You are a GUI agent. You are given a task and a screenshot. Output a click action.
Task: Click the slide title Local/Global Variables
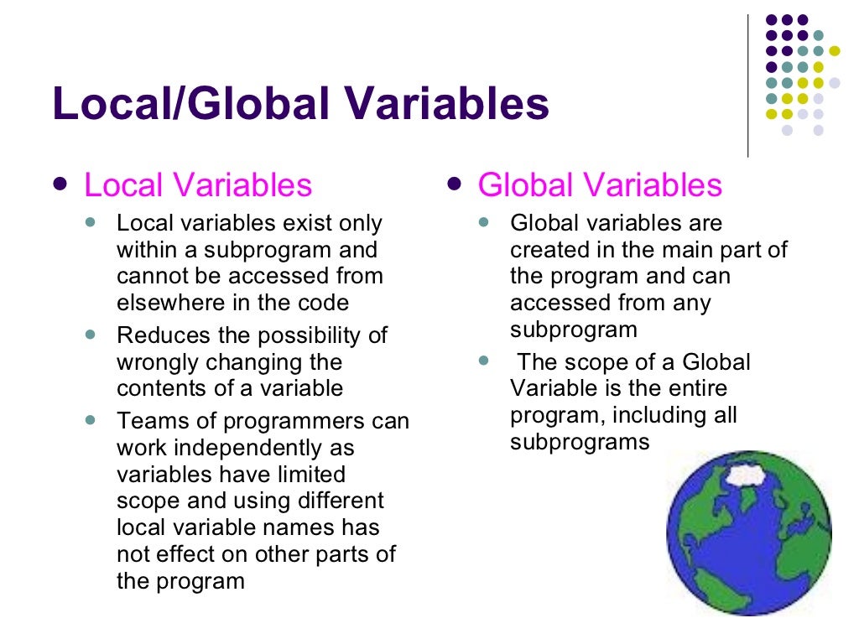pos(300,105)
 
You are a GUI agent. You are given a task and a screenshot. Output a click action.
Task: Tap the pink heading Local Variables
pos(198,185)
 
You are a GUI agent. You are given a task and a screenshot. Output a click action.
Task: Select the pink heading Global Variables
pos(600,185)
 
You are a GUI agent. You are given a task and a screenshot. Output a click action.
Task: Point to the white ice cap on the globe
pos(749,475)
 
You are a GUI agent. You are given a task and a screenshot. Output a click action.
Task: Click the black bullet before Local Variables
pos(58,184)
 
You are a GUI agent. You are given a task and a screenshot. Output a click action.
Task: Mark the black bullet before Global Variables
pos(454,184)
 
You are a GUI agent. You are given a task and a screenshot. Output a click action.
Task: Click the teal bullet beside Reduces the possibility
pos(91,334)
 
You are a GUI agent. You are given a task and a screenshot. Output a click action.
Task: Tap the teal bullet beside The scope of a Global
pos(483,361)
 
